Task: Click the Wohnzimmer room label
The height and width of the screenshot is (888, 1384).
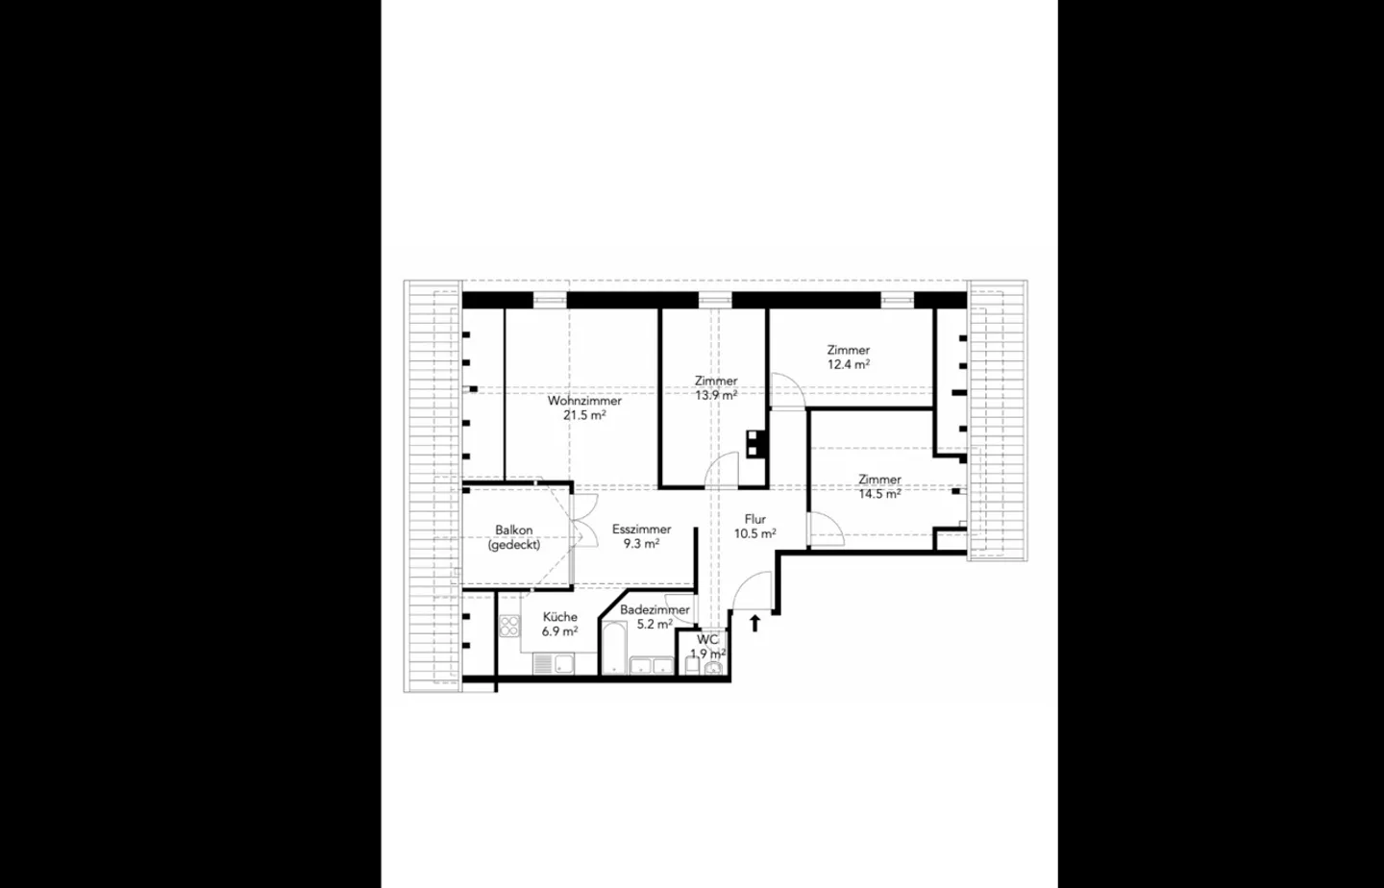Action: pos(584,401)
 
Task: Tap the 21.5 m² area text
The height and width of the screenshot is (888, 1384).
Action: pos(584,416)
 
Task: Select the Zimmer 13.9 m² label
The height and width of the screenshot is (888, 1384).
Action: pos(716,382)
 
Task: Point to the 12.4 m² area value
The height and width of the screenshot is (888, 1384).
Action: pos(849,365)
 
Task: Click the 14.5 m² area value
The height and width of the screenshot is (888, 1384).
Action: pos(879,495)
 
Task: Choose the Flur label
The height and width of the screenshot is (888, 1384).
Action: pos(755,520)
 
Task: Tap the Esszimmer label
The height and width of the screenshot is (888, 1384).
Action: pos(641,530)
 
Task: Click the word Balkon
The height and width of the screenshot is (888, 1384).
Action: pos(514,530)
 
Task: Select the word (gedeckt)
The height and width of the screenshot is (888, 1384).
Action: pos(514,545)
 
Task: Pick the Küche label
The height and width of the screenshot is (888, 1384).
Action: pos(559,617)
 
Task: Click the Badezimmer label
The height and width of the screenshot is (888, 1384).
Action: pos(655,610)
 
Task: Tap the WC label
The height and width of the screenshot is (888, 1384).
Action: pos(707,640)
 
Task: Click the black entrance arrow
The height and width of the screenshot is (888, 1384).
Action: pos(754,623)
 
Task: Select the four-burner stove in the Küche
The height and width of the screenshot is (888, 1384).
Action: pos(509,627)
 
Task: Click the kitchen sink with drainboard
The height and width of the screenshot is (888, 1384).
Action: pos(555,663)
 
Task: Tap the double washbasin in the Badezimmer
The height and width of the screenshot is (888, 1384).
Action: pos(651,665)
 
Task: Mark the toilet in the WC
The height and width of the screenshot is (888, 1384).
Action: pos(712,668)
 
